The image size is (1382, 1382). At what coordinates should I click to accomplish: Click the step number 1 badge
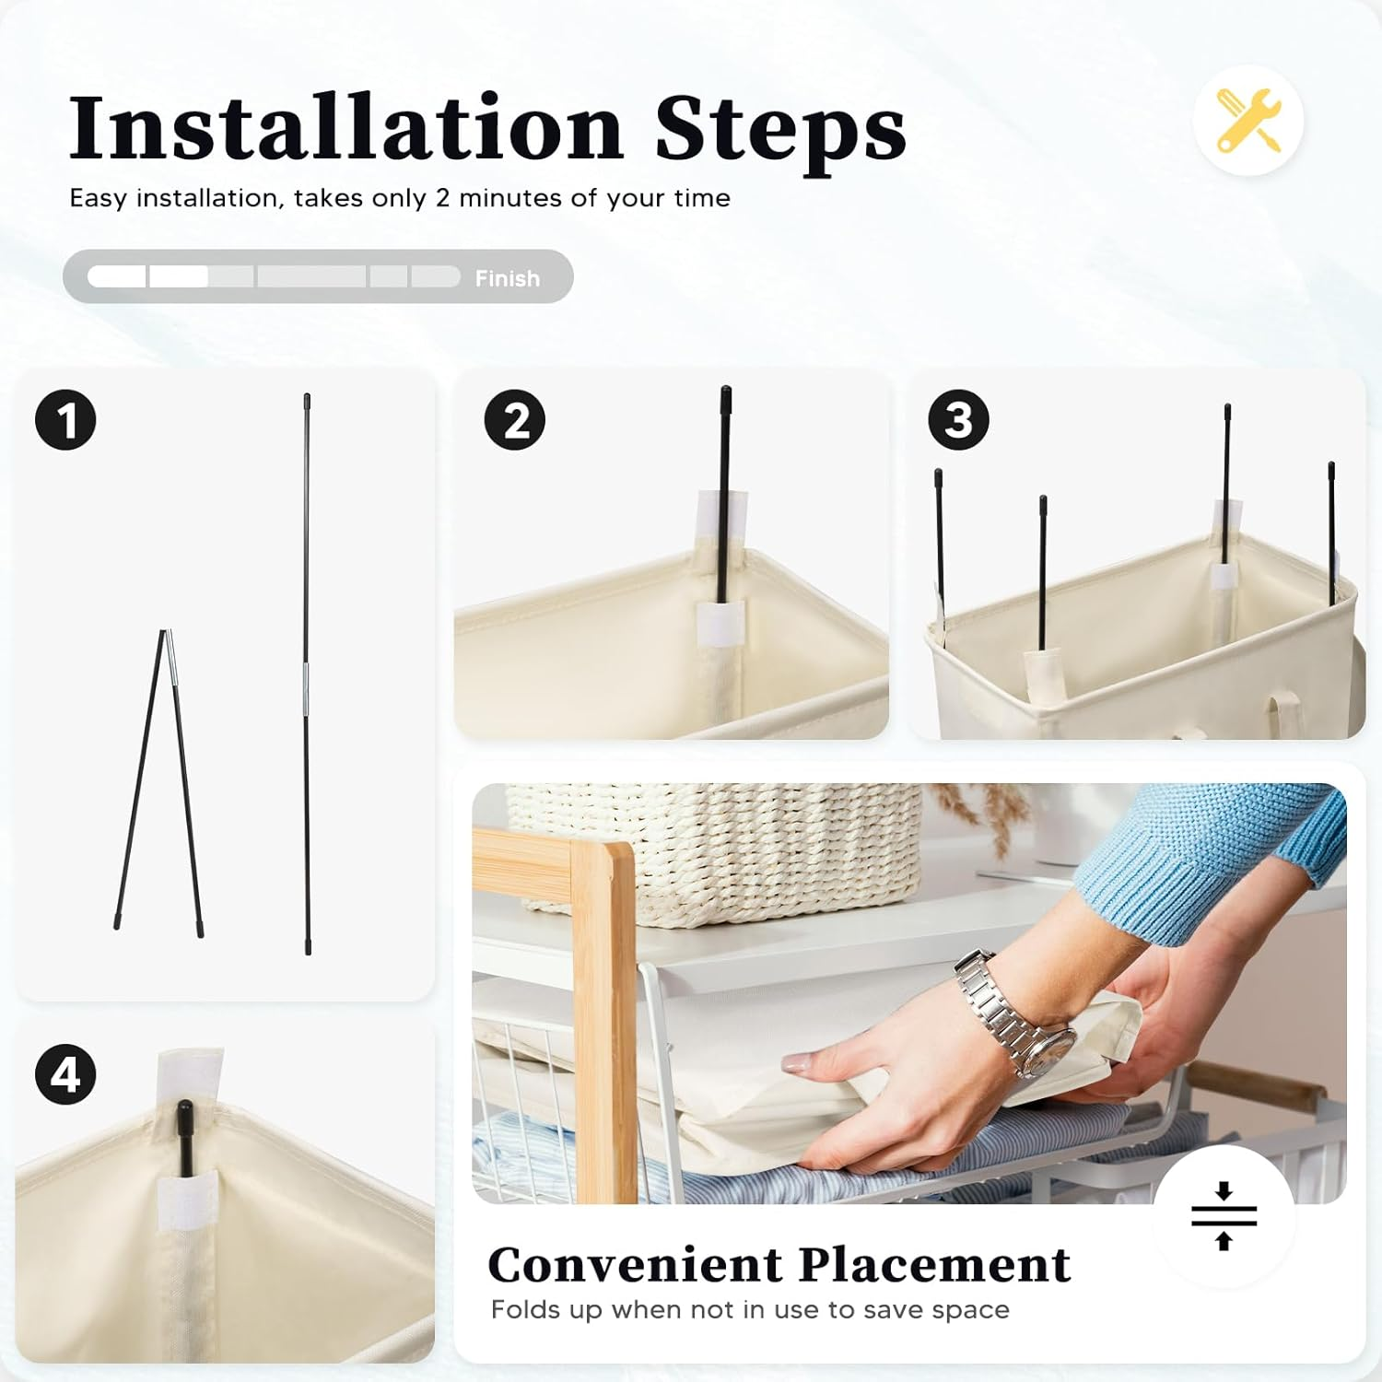65,419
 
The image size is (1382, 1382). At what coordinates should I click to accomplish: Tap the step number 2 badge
514,420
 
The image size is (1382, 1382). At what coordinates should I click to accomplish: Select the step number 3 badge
958,420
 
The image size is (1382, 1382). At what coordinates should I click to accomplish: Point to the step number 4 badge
65,1074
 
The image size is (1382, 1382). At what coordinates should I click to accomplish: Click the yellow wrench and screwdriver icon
1248,121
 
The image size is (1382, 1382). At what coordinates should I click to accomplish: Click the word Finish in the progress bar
507,278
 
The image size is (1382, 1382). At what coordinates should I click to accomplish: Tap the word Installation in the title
346,128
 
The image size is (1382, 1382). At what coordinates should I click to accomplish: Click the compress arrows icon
1224,1216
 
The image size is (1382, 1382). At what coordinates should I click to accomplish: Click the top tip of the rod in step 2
725,391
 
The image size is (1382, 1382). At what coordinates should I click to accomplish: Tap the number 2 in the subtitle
442,198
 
